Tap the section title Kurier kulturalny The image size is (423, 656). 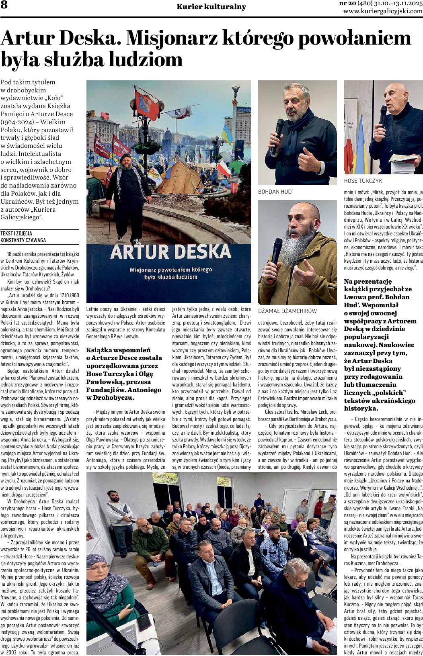pos(211,7)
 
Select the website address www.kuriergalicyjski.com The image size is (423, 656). pos(383,11)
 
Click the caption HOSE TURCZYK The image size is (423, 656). pos(363,181)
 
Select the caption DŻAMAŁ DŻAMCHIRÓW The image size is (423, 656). pos(287,311)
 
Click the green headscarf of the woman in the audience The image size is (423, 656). pos(102,578)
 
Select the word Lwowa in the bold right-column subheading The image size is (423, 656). pos(355,297)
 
